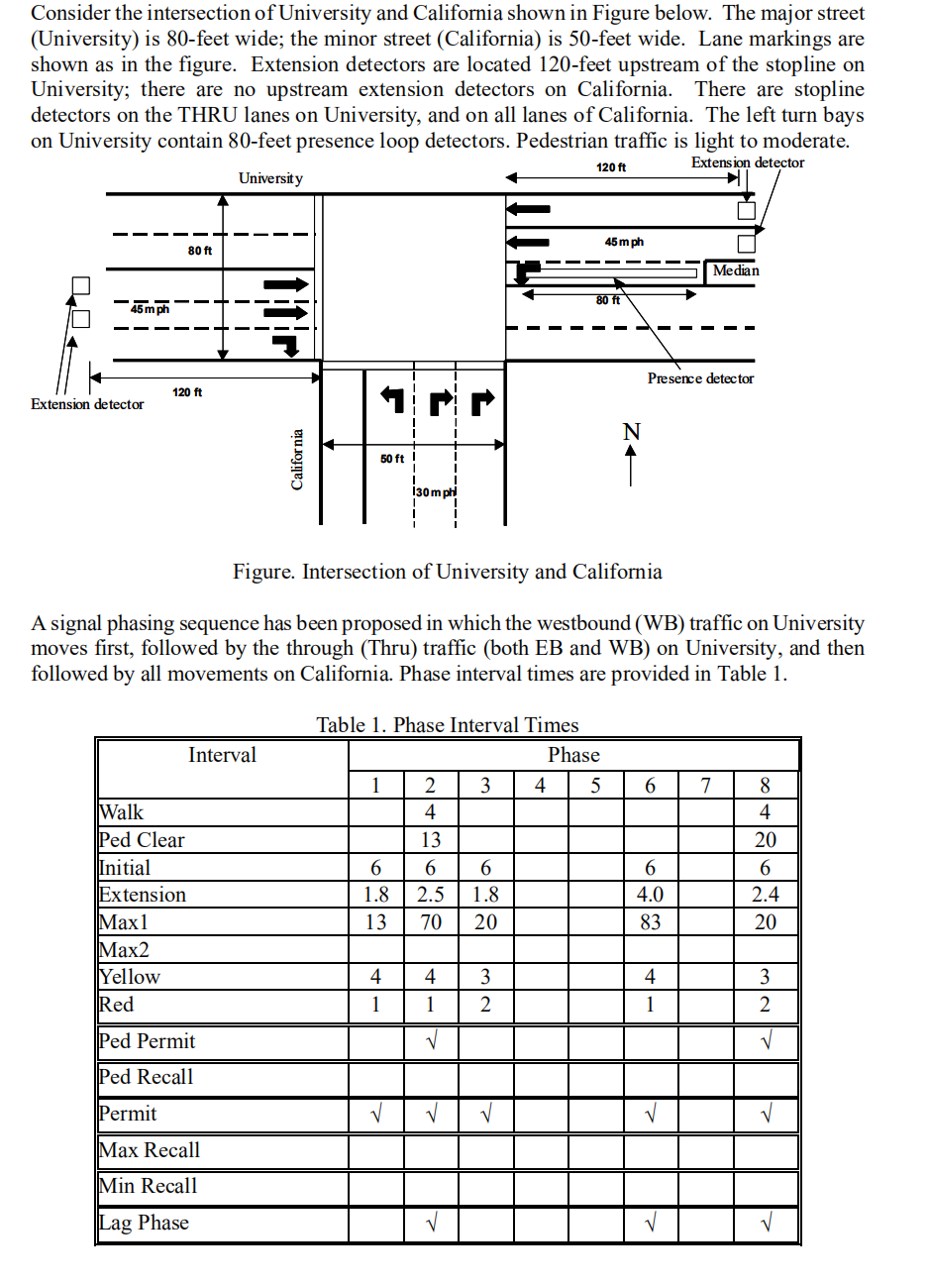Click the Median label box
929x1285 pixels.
[x=736, y=270]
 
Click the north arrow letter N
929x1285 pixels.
[x=631, y=432]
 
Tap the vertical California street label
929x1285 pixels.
[x=296, y=459]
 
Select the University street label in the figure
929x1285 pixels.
[x=270, y=178]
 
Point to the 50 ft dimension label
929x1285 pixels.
[x=392, y=459]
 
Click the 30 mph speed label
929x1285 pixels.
[x=435, y=492]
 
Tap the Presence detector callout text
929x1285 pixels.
[x=700, y=378]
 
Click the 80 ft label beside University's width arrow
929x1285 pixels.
[x=200, y=251]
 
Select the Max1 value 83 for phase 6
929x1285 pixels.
[x=650, y=922]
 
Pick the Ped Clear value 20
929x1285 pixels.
[x=765, y=840]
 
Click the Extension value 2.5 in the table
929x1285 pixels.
[x=430, y=895]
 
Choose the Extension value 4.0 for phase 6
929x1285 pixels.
[x=650, y=895]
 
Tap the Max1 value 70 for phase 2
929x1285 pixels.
[x=430, y=922]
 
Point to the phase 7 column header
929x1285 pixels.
[x=705, y=786]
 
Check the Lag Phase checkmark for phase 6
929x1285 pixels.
[x=650, y=1224]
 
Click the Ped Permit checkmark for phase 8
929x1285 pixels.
[x=765, y=1041]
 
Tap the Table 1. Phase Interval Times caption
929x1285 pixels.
[x=448, y=725]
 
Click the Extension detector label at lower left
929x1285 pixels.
[x=87, y=404]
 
